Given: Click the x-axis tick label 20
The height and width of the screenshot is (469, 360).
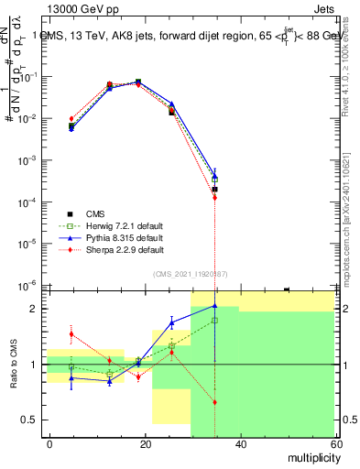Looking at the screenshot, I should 145,443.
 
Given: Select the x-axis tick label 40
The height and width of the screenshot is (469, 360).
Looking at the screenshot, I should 240,443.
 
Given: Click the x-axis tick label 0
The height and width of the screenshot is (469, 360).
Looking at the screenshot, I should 50,443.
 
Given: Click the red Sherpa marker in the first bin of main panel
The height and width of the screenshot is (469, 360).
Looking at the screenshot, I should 71,119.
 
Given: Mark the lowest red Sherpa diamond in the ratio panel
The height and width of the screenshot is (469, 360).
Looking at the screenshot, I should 214,402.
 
